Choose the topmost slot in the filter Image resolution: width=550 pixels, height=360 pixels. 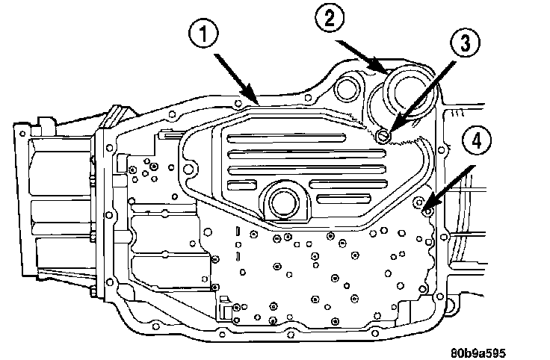coord(286,138)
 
